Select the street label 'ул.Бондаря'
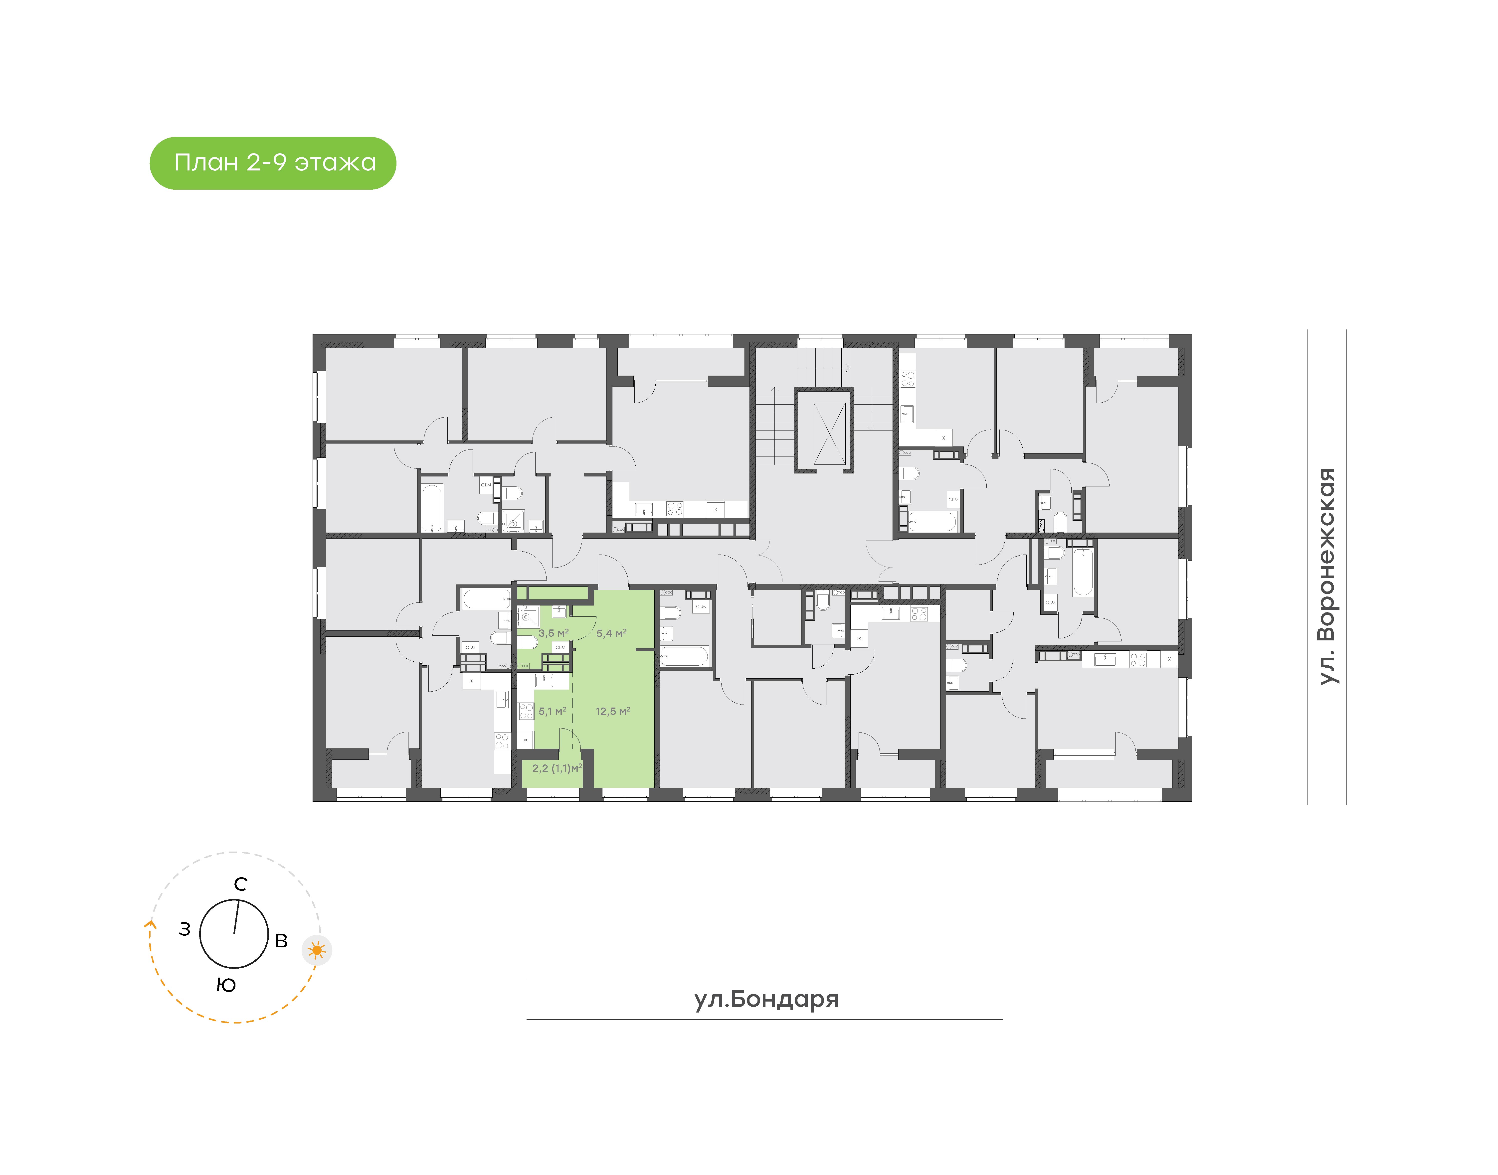766,999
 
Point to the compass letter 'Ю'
226,985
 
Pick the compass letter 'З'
185,929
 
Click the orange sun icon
317,950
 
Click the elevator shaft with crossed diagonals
829,434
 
